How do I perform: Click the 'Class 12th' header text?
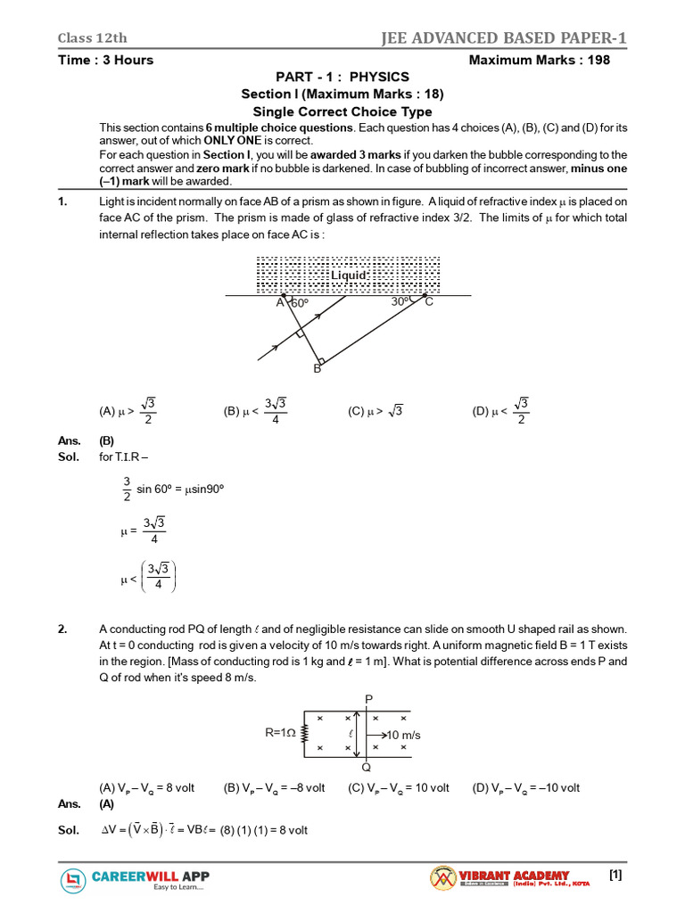click(x=93, y=37)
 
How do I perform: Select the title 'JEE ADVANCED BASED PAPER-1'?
click(x=504, y=37)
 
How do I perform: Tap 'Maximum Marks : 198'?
click(x=540, y=60)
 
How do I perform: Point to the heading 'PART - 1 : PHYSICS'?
click(x=342, y=78)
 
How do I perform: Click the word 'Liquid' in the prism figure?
click(x=349, y=276)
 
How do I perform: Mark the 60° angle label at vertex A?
click(x=299, y=303)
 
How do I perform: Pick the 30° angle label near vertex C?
click(x=401, y=302)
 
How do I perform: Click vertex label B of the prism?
click(x=316, y=368)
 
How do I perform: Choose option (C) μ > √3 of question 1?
click(x=376, y=411)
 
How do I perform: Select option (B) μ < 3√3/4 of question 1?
click(x=255, y=411)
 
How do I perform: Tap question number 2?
click(x=62, y=629)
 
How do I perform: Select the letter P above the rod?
click(x=368, y=698)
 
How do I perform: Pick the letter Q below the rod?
click(x=367, y=767)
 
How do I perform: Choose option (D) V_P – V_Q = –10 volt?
click(x=526, y=787)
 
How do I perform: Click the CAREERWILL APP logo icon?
click(x=74, y=881)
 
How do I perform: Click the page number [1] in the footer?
click(x=615, y=876)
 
